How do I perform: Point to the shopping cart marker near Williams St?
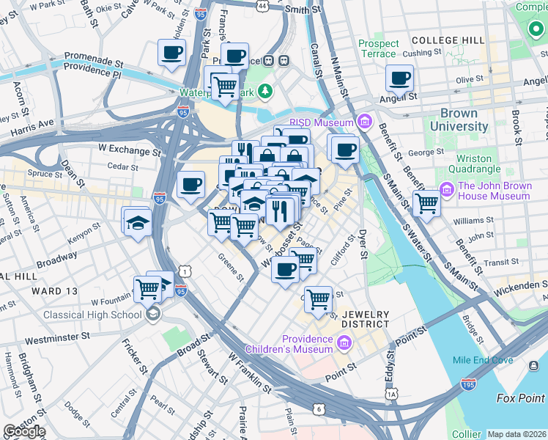(426, 204)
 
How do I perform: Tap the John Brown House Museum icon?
(447, 191)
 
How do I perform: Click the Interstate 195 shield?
(469, 384)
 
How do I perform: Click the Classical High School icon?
(153, 315)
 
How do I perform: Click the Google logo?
(24, 431)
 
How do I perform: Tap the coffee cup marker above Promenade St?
(171, 53)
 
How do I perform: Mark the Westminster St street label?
(57, 338)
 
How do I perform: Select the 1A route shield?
(392, 395)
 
